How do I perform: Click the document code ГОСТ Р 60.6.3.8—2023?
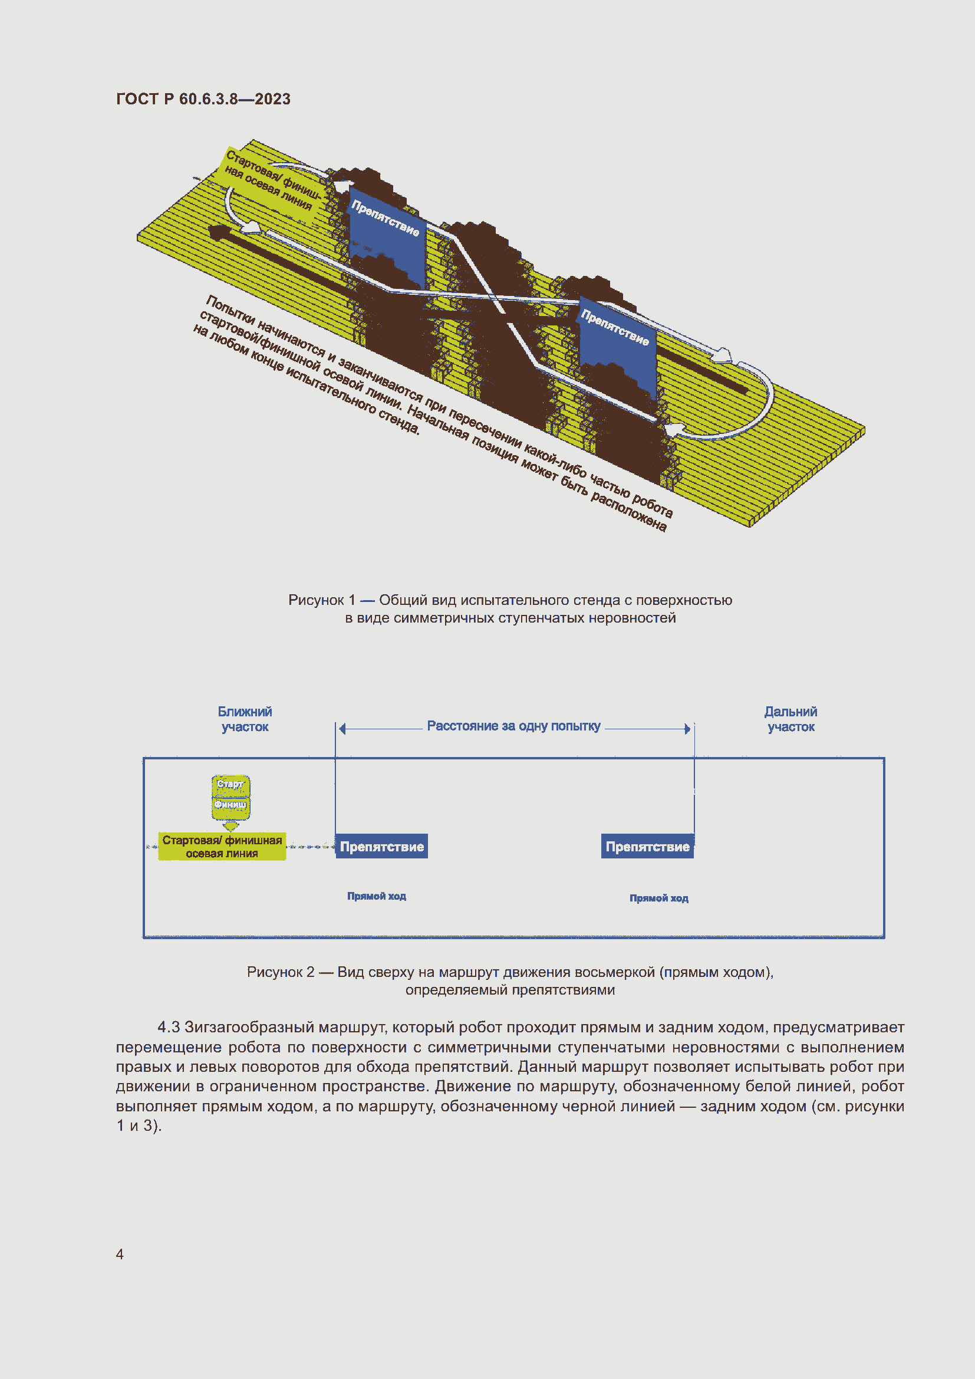coord(203,99)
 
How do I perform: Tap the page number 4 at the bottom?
coord(120,1254)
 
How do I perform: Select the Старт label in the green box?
coord(230,784)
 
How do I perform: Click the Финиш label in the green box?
coord(230,804)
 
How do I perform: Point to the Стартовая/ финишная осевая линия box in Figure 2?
coord(222,846)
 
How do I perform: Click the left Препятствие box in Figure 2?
coord(381,846)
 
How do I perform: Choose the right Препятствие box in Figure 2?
coord(647,846)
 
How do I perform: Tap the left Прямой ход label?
coord(377,896)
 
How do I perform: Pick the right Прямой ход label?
coord(658,898)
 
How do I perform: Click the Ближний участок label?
coord(245,719)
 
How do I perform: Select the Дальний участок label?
coord(790,719)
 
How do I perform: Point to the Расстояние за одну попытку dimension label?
coord(513,726)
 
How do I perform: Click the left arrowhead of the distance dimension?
coord(342,729)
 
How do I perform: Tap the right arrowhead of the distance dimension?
coord(687,729)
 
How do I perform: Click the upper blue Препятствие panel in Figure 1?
coord(386,240)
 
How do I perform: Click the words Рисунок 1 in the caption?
coord(321,600)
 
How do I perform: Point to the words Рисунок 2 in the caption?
coord(281,972)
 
